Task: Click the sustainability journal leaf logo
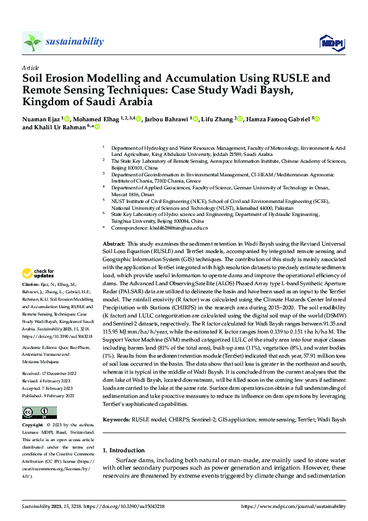[33, 42]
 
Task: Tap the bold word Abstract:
[114, 246]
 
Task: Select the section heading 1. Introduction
[126, 450]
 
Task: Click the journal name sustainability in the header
[74, 41]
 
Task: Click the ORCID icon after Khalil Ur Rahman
[97, 127]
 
